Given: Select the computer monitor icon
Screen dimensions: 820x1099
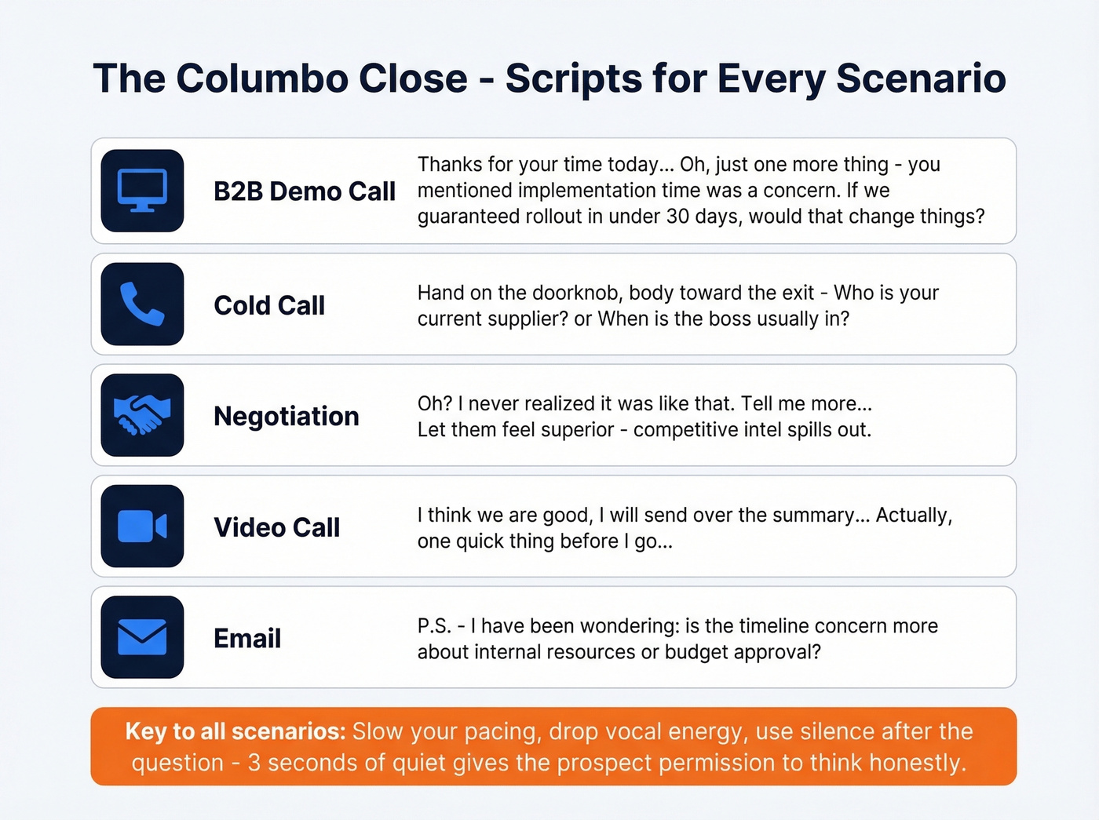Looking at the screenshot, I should pos(142,191).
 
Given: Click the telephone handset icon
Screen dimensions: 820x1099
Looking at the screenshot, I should pos(142,304).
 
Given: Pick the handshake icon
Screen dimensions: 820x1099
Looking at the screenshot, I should pos(142,415).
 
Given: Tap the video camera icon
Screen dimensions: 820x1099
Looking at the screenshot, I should pos(142,527).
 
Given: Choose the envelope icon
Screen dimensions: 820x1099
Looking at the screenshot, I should pos(142,637).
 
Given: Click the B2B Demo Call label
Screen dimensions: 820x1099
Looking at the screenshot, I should pos(304,191).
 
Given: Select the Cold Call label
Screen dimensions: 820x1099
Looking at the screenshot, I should pos(268,305).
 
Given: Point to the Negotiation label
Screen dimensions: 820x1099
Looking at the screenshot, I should pos(286,417).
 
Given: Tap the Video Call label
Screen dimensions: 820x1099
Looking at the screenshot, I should pos(276,527).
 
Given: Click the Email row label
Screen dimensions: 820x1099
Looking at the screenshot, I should pos(246,639).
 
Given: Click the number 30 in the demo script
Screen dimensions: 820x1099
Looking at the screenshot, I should pos(677,217).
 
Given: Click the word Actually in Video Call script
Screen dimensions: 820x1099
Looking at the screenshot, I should pos(913,516).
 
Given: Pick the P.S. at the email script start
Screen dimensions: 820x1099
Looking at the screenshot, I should pos(434,626).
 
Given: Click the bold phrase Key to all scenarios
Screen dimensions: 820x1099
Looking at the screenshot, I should pos(235,731).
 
